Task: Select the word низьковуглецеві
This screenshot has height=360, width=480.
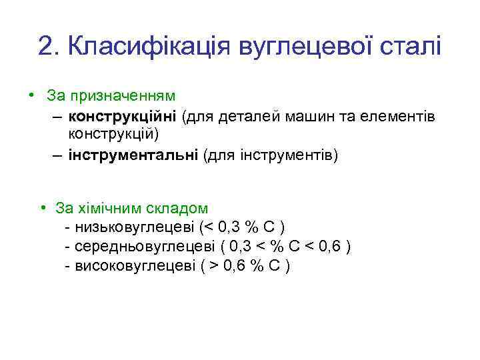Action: (135, 227)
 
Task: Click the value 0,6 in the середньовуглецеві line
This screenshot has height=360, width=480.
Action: (331, 246)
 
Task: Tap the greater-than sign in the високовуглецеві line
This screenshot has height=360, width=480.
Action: (213, 265)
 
